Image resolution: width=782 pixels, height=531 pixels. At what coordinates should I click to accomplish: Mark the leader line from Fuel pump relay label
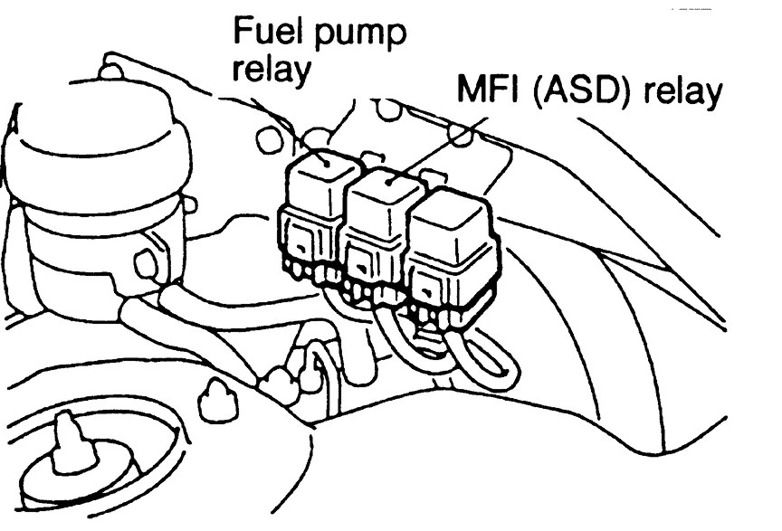click(317, 127)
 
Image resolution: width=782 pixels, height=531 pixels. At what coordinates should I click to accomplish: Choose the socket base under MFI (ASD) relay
click(371, 262)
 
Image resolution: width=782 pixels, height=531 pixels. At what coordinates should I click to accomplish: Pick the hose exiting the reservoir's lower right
click(181, 317)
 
